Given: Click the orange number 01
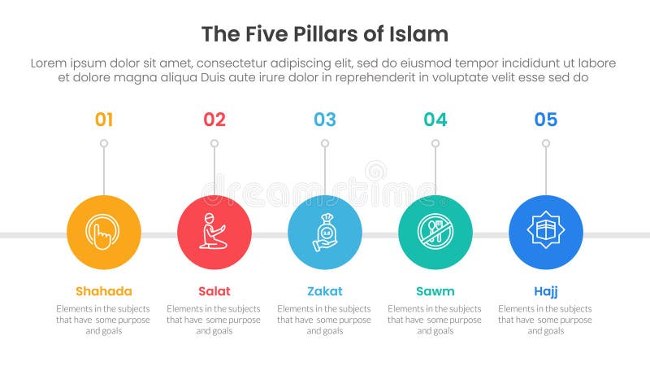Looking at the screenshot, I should pyautogui.click(x=104, y=120).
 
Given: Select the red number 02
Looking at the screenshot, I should pyautogui.click(x=214, y=120).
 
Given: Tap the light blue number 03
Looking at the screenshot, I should pyautogui.click(x=325, y=120).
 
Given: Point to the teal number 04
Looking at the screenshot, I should pyautogui.click(x=435, y=120).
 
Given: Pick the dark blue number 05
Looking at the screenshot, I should pyautogui.click(x=546, y=120).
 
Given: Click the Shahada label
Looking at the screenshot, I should pyautogui.click(x=104, y=291).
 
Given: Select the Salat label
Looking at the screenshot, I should pyautogui.click(x=214, y=291).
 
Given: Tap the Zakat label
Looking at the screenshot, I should pyautogui.click(x=325, y=291).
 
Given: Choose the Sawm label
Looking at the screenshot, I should pyautogui.click(x=435, y=291).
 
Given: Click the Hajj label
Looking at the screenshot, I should pyautogui.click(x=546, y=291).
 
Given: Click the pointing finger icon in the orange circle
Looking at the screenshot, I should pyautogui.click(x=104, y=233).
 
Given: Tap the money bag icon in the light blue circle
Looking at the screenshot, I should pyautogui.click(x=325, y=233).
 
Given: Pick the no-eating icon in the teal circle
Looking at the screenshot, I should pyautogui.click(x=435, y=233).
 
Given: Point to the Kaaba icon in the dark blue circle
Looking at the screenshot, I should pyautogui.click(x=546, y=233).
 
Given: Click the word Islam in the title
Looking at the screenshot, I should pyautogui.click(x=422, y=34).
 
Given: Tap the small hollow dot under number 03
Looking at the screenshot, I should pyautogui.click(x=325, y=143).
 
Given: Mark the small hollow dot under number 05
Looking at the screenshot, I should pyautogui.click(x=546, y=143).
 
